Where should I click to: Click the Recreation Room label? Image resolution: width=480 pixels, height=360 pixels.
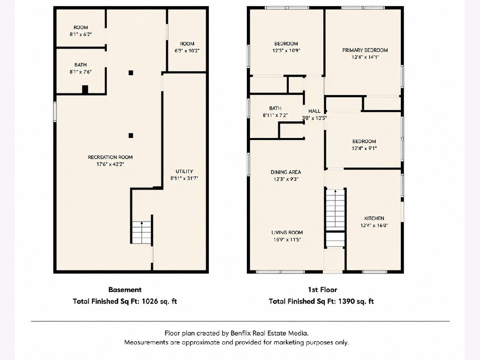[x=110, y=157]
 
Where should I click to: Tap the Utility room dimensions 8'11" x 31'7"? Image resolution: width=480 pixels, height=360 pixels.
[x=184, y=178]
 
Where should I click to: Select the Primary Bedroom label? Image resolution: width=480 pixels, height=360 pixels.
[x=365, y=50]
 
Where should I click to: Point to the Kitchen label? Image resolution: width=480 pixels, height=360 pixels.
[x=374, y=218]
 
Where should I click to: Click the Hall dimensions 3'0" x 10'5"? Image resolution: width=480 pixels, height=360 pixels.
[x=314, y=118]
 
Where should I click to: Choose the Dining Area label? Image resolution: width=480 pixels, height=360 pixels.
[x=286, y=172]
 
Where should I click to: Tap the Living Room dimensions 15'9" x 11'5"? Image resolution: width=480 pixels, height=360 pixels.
[x=287, y=240]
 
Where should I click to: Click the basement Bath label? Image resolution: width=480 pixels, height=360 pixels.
[x=80, y=65]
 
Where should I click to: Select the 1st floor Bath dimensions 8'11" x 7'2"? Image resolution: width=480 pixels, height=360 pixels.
[x=275, y=115]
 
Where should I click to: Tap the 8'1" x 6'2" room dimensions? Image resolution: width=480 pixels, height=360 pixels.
[x=81, y=34]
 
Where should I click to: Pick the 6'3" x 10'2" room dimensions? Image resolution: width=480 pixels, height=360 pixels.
[x=187, y=51]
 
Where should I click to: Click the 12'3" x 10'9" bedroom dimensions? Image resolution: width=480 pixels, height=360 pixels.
[x=286, y=50]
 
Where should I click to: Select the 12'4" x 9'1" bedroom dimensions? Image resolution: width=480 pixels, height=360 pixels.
[x=364, y=148]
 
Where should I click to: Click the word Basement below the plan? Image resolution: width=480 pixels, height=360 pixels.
[x=125, y=290]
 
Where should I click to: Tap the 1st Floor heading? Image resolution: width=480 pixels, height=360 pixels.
[x=322, y=290]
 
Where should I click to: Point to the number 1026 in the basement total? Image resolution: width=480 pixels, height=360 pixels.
[x=150, y=302]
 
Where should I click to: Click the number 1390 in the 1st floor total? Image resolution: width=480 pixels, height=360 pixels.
[x=346, y=302]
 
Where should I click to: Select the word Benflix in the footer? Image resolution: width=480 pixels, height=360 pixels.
[x=241, y=333]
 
